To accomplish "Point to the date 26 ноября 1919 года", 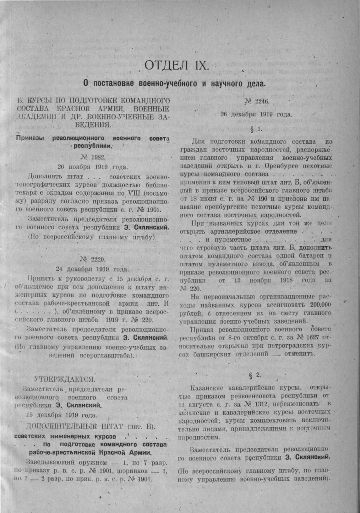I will coord(92,166).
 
